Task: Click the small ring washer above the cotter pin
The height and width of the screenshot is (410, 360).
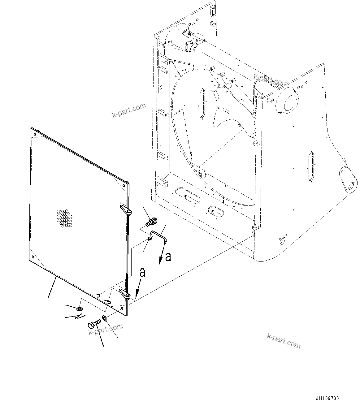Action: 80,309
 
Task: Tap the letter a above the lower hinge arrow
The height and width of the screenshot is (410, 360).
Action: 142,272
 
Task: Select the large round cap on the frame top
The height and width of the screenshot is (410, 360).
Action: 287,101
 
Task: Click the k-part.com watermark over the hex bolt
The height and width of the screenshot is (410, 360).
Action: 106,329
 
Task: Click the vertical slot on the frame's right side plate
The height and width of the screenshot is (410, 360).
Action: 311,166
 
